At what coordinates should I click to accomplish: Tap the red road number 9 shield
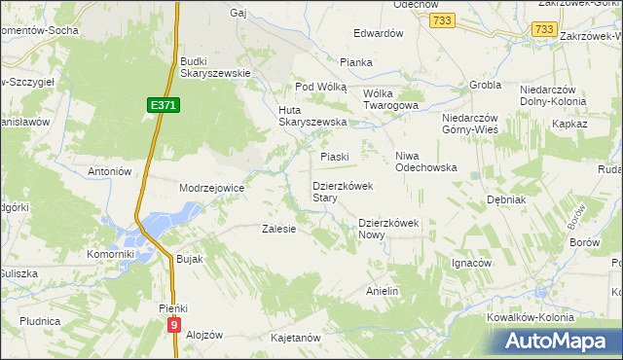173,325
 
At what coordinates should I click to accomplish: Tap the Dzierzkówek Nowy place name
388,228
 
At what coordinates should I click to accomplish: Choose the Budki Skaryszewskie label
215,67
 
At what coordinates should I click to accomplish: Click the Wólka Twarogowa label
390,99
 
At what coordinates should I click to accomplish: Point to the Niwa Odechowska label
425,161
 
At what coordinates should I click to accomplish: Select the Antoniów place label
109,171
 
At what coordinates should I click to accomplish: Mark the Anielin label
383,291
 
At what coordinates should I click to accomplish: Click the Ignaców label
471,263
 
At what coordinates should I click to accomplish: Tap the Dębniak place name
506,198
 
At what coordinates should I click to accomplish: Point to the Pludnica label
40,320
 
